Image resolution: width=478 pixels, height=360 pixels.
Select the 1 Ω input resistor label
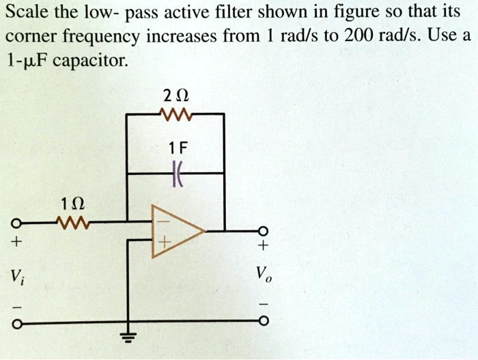coord(72,204)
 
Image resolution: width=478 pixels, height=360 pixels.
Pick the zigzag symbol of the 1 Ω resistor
coord(72,222)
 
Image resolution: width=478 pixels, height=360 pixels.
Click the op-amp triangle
coord(174,232)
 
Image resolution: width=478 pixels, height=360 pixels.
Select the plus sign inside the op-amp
coord(163,243)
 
